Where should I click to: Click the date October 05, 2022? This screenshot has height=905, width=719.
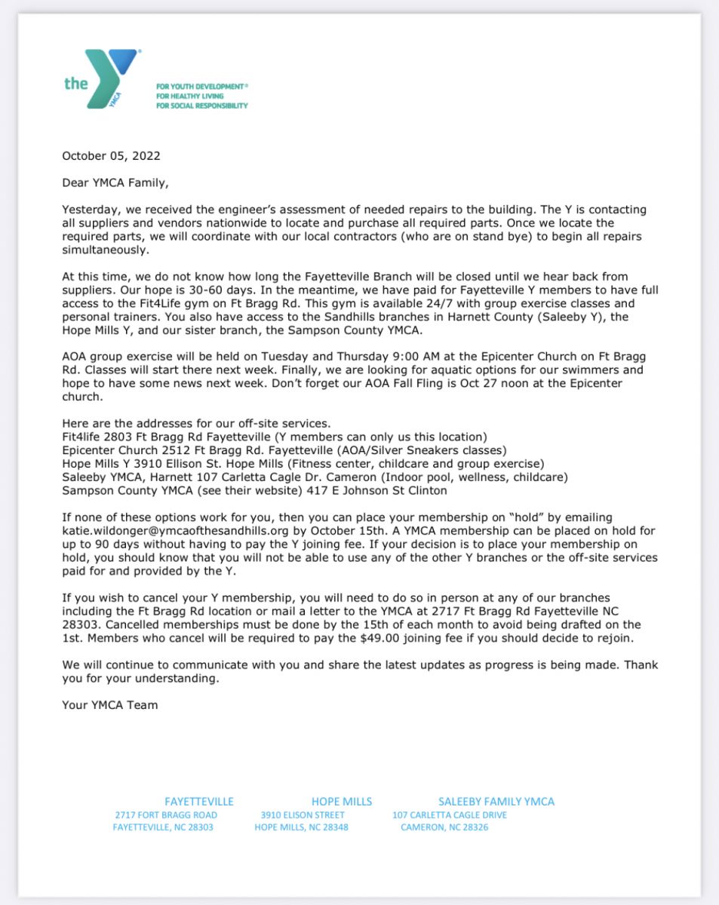coord(111,156)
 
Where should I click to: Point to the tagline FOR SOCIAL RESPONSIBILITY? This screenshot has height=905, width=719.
coord(201,106)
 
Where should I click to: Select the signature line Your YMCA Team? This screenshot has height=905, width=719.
coord(110,705)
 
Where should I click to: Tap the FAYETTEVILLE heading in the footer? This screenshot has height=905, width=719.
coord(199,802)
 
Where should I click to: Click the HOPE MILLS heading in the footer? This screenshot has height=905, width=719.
coord(342,802)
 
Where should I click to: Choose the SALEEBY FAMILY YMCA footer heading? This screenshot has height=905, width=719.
coord(496,802)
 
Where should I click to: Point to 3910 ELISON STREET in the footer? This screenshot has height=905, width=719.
coord(303,815)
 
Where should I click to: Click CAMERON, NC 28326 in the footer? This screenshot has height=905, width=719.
coord(444,827)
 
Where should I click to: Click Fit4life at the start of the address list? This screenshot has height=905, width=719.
coord(81,436)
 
